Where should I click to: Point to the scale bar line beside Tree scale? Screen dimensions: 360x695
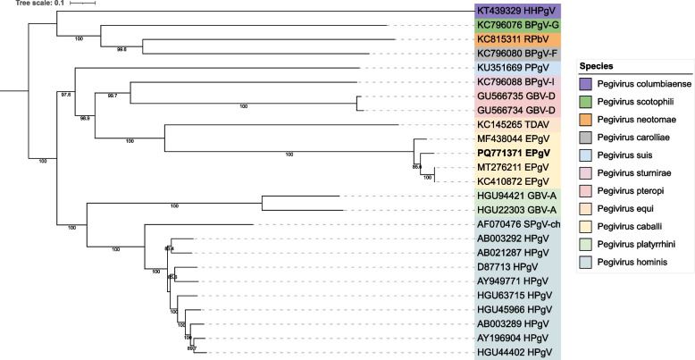(83, 4)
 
